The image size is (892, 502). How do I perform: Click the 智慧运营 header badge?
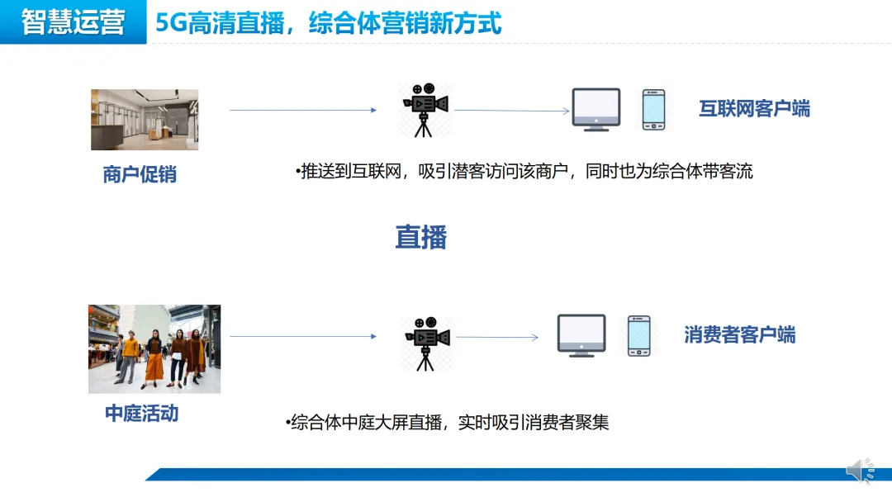[x=73, y=22]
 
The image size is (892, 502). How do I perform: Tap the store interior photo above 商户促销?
[x=145, y=120]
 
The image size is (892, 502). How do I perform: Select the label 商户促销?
[x=140, y=174]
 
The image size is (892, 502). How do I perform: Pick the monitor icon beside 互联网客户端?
[x=596, y=109]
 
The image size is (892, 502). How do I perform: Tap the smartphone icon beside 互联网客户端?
[x=653, y=110]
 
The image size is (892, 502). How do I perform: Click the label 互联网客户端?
[x=754, y=108]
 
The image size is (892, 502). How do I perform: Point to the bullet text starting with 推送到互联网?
[x=524, y=172]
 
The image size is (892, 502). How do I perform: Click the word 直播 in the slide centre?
[x=420, y=238]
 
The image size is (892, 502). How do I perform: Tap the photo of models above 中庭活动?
[x=154, y=348]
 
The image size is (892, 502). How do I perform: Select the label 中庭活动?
[x=141, y=413]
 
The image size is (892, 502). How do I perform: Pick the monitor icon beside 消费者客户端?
[x=581, y=335]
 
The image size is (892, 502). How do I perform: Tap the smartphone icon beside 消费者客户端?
[x=638, y=335]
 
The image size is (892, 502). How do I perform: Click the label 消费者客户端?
[x=739, y=334]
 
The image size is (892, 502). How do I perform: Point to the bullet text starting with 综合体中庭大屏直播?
[x=450, y=423]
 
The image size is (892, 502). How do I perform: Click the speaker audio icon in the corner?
[x=860, y=471]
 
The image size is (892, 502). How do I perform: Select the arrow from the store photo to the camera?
[x=302, y=110]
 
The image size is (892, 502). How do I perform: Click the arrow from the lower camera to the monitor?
[x=497, y=337]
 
